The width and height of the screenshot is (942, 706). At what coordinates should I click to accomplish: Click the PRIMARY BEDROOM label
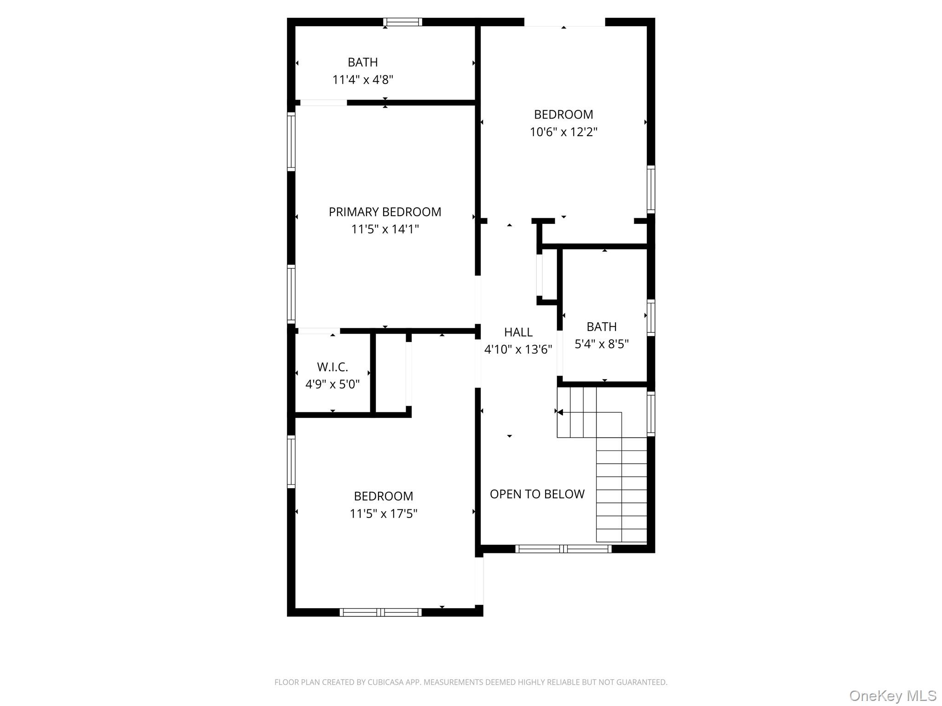[385, 212]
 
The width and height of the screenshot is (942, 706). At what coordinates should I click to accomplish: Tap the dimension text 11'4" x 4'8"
[362, 80]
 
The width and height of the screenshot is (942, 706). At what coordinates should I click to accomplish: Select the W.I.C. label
[332, 367]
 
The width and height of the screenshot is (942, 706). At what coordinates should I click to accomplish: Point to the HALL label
[518, 332]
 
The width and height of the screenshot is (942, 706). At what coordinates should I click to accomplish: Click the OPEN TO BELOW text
[537, 494]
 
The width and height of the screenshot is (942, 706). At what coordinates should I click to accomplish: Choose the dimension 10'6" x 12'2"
[563, 132]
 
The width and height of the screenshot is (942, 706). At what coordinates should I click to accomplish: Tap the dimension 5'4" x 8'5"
[601, 344]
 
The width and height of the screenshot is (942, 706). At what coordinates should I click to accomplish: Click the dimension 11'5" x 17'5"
[383, 513]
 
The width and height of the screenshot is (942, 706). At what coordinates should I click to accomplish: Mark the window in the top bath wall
[403, 22]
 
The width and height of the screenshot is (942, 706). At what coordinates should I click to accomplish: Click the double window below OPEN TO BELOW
[563, 548]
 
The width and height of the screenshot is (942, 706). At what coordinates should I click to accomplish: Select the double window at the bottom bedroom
[380, 612]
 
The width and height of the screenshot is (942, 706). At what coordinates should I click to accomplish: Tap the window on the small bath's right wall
[650, 317]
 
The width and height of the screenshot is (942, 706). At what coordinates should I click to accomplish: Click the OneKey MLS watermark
[892, 696]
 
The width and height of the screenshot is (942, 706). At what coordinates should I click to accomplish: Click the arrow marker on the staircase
[560, 412]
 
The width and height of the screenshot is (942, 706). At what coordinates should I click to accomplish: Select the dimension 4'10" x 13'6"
[518, 350]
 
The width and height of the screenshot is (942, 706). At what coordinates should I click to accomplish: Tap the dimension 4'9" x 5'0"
[332, 384]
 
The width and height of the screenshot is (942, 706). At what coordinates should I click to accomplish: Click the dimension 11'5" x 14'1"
[385, 229]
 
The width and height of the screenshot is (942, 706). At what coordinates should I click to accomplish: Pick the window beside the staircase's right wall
[650, 413]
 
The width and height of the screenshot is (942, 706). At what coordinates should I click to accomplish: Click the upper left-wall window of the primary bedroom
[291, 142]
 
